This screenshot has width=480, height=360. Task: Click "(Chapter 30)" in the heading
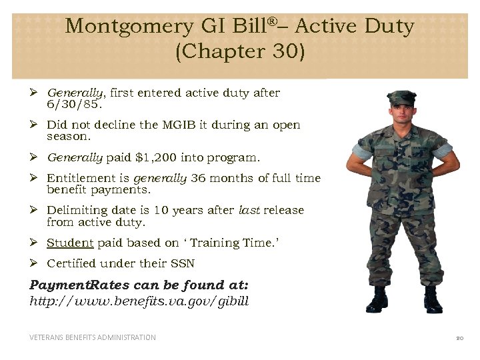click(239, 52)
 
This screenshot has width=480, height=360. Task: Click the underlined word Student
click(69, 243)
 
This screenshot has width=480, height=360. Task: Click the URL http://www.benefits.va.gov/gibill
click(139, 301)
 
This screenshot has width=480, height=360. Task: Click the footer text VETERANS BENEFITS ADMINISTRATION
click(93, 337)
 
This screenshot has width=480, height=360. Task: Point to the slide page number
click(459, 338)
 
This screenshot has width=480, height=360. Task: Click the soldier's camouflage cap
click(401, 98)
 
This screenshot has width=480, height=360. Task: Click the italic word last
click(249, 210)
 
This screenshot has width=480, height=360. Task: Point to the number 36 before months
click(198, 178)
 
